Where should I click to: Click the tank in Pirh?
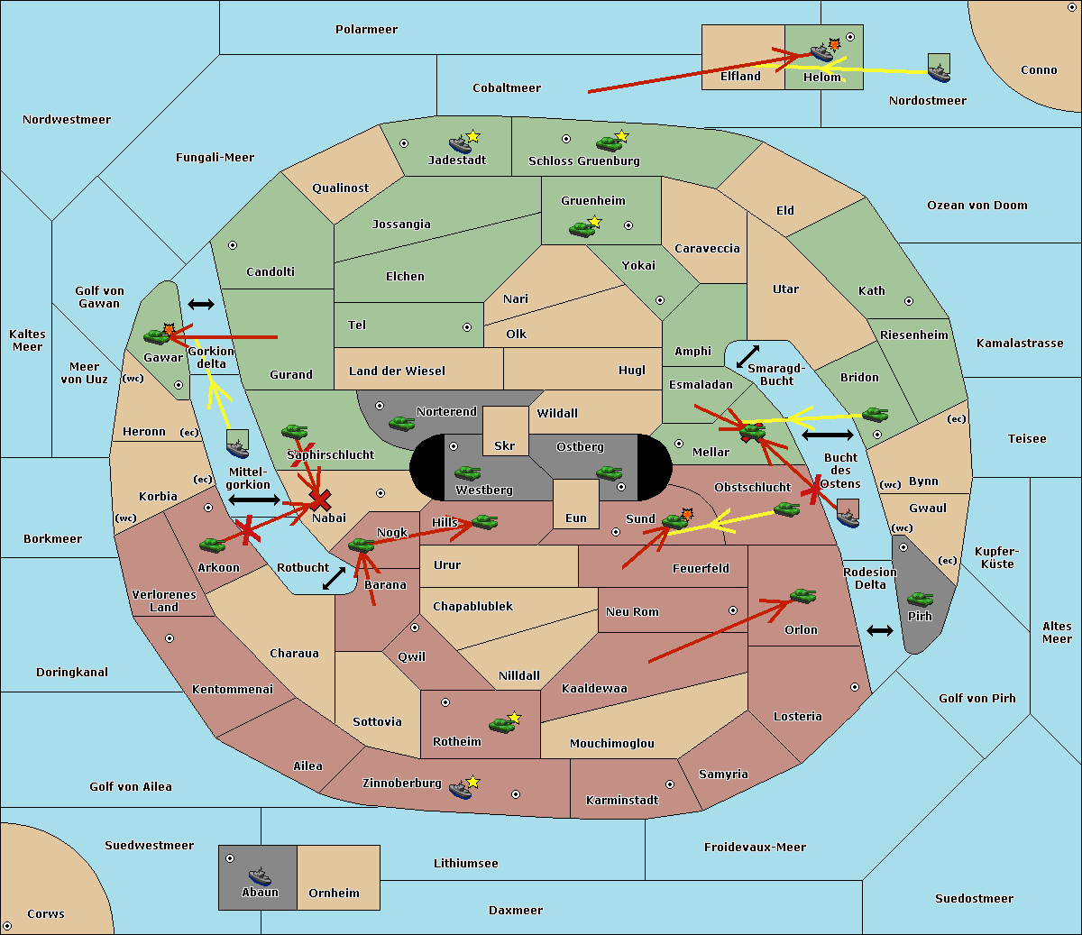(x=920, y=600)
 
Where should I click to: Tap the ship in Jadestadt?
(x=460, y=144)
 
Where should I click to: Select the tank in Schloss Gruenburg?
(x=609, y=143)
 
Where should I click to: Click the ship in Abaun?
(x=260, y=875)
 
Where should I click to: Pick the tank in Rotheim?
(x=501, y=725)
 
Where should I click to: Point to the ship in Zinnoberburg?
(x=460, y=790)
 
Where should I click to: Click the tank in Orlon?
(x=803, y=596)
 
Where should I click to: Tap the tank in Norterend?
(x=401, y=423)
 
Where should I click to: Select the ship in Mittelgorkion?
(x=237, y=449)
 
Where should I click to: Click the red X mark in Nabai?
(x=320, y=500)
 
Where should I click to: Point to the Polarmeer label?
(x=366, y=30)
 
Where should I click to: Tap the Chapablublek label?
(x=472, y=606)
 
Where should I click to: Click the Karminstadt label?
(x=622, y=800)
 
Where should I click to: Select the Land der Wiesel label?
(x=397, y=371)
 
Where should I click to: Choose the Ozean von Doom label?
(x=977, y=206)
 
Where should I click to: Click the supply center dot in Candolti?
(x=233, y=245)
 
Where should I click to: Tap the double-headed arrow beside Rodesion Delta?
(x=880, y=631)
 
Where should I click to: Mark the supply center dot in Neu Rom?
(x=733, y=610)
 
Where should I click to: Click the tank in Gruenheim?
(x=582, y=229)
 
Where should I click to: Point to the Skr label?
(x=504, y=445)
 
